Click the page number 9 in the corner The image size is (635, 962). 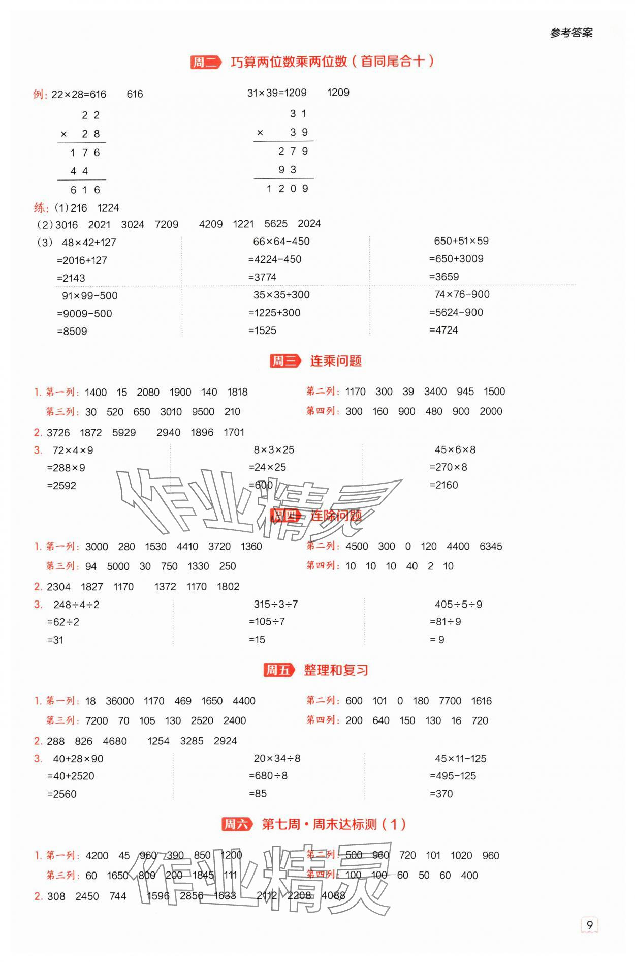(x=589, y=925)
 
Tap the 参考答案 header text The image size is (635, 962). (x=571, y=33)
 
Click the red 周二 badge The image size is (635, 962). (x=205, y=63)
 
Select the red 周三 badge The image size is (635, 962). (x=284, y=361)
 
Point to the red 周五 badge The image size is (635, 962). (x=278, y=670)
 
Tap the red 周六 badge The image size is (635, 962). (x=236, y=824)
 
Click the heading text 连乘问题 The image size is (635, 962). (x=336, y=361)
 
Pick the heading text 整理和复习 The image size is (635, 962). (x=336, y=670)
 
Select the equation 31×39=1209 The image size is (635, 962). (x=277, y=93)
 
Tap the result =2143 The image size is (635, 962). (x=71, y=278)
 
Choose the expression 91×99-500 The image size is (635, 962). (x=89, y=296)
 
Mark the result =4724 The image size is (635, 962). (x=443, y=330)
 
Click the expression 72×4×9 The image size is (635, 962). (x=73, y=450)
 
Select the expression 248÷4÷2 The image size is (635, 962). (x=76, y=605)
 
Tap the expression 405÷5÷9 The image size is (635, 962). (x=458, y=605)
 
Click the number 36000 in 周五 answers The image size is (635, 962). (x=119, y=701)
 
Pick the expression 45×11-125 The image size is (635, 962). (x=460, y=759)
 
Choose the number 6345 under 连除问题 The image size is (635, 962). (x=490, y=547)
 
